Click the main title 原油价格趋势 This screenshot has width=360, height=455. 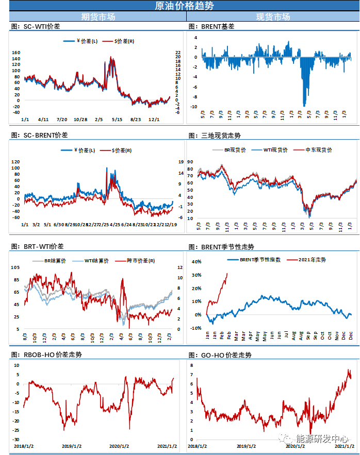point(180,6)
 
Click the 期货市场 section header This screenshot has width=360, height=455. point(98,16)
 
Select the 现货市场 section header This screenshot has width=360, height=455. point(273,16)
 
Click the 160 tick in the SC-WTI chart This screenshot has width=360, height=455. point(15,53)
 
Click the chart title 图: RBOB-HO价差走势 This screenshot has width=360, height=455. point(46,355)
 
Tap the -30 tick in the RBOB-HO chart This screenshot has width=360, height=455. point(17,439)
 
